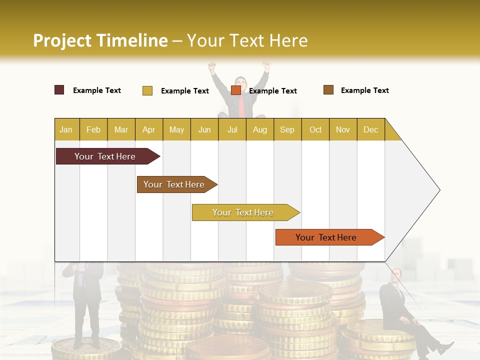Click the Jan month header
(66, 130)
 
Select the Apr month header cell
(148, 130)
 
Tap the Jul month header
(232, 130)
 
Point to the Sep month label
(287, 130)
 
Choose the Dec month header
(370, 130)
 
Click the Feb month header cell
(93, 130)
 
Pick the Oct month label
(315, 130)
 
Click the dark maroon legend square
(59, 90)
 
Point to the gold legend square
(147, 90)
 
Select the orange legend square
(236, 90)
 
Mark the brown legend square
(328, 90)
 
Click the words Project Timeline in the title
(100, 40)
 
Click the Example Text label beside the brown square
(364, 90)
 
